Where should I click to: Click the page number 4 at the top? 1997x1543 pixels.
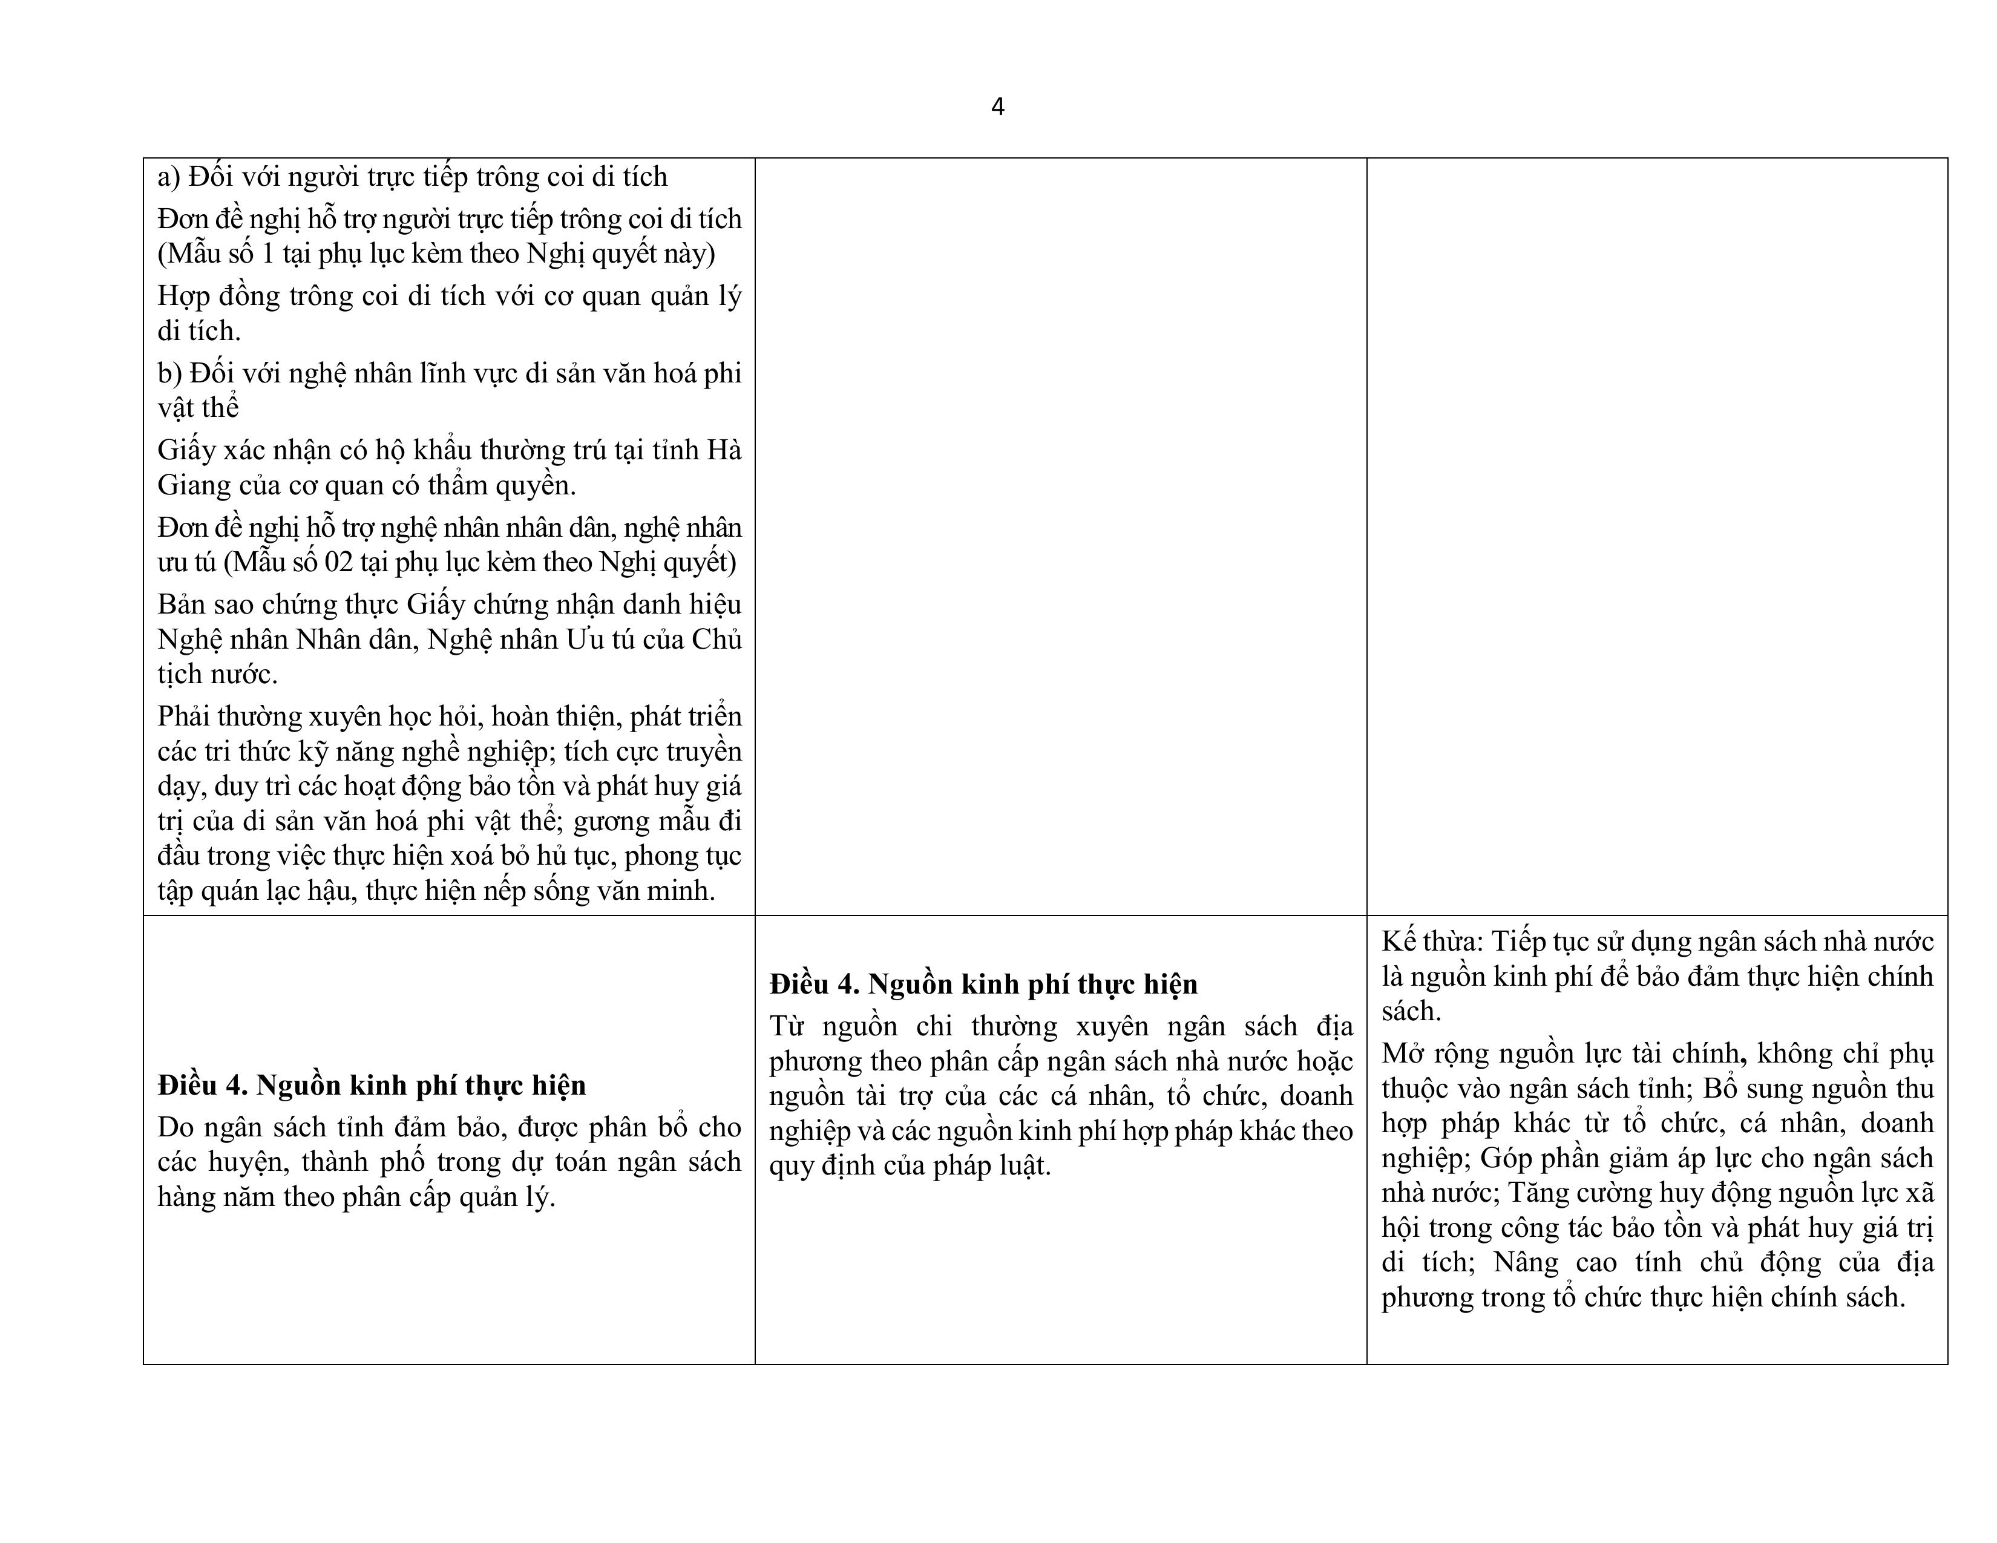pyautogui.click(x=997, y=107)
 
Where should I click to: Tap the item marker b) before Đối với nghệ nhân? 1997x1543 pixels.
pyautogui.click(x=169, y=373)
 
